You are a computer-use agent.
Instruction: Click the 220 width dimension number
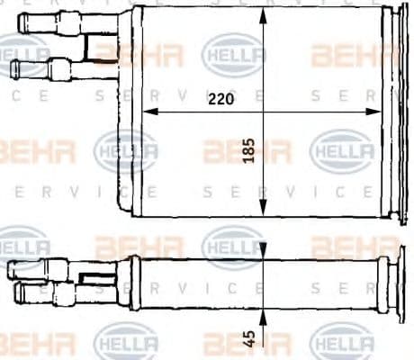pyautogui.click(x=219, y=100)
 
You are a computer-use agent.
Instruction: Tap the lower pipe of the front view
pyautogui.click(x=45, y=68)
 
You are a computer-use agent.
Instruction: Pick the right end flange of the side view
pyautogui.click(x=383, y=284)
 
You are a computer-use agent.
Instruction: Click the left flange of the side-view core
pyautogui.click(x=132, y=283)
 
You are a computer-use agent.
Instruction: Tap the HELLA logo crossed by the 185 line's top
pyautogui.click(x=234, y=54)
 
